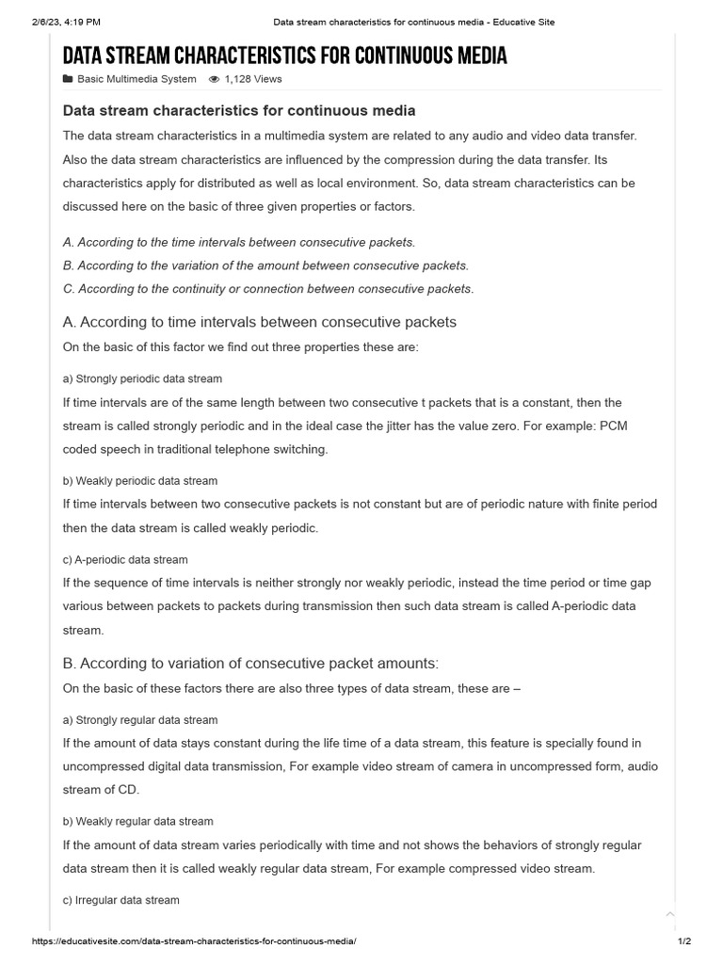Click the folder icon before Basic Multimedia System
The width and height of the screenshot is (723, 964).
(68, 79)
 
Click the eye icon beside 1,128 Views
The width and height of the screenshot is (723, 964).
(214, 79)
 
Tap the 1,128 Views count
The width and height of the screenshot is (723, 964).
(252, 79)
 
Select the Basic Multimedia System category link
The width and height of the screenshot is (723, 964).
(137, 79)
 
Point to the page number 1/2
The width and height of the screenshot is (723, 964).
(684, 941)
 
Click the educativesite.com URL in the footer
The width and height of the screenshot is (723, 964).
(194, 941)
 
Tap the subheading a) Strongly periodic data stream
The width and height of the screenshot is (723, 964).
(142, 378)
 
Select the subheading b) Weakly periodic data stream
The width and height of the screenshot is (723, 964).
(140, 480)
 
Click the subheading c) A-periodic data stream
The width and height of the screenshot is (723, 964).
(125, 559)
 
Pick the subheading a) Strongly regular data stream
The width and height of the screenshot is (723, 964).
(140, 720)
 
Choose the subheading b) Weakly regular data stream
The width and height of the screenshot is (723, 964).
(138, 821)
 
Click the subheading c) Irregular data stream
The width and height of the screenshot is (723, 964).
(120, 900)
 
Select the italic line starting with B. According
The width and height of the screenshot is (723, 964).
(265, 265)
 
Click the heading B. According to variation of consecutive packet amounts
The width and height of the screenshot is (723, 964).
(250, 663)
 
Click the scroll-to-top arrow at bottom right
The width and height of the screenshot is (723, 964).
(670, 913)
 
